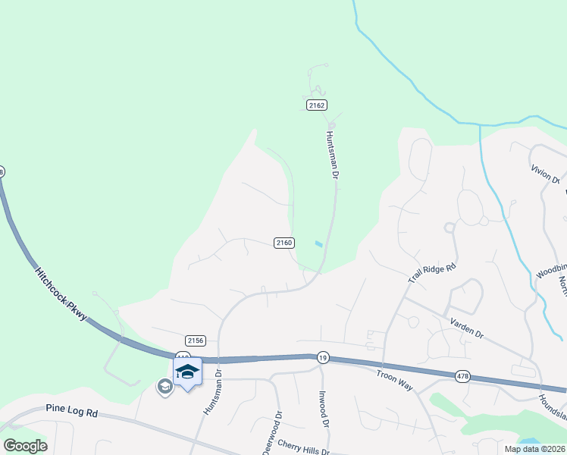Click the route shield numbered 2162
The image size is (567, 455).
(x=317, y=105)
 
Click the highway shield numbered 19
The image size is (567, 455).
(x=323, y=357)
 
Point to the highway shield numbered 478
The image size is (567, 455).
(x=463, y=376)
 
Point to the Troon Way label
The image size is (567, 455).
(x=394, y=380)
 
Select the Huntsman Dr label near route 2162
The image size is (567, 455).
(x=331, y=153)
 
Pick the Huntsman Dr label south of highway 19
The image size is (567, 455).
(x=211, y=391)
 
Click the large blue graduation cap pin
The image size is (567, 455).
(x=187, y=372)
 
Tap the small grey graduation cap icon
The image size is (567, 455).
(x=164, y=387)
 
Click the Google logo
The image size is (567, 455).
(x=25, y=446)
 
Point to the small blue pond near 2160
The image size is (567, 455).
(x=318, y=243)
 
